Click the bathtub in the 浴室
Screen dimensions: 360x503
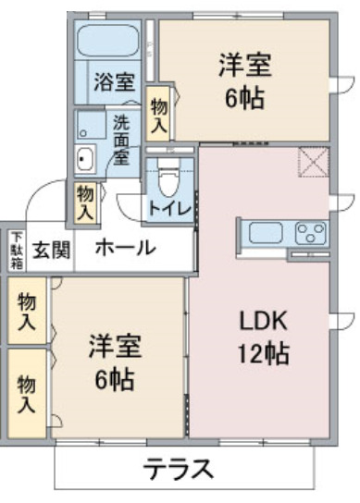(107, 40)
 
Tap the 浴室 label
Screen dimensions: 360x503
(114, 81)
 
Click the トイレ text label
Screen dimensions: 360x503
(169, 209)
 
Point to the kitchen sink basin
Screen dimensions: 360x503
(266, 233)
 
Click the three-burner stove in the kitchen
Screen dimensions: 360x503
(310, 233)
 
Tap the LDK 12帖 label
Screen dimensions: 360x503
(263, 337)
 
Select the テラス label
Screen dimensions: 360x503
(178, 469)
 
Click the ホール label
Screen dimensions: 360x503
(125, 248)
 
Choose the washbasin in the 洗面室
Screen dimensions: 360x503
(85, 159)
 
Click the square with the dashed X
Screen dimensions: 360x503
(314, 162)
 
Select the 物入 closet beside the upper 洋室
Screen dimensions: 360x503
(158, 114)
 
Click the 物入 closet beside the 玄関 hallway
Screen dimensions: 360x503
(85, 202)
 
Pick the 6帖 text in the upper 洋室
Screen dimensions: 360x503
(244, 98)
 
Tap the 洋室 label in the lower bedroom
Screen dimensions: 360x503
(115, 346)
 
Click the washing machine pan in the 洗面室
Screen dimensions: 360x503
(91, 125)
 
